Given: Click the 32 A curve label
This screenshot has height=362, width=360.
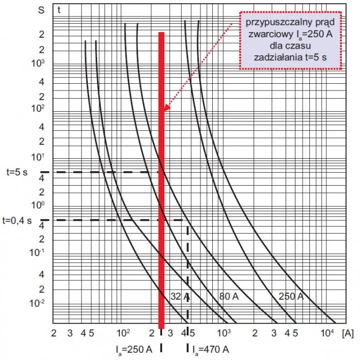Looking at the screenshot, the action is pos(180,296).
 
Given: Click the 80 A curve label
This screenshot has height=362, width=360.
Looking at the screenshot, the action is pos(229,296).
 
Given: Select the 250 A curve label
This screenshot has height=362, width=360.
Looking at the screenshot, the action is pos(291,296).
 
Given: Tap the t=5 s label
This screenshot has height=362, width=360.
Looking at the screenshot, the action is pos(17,172).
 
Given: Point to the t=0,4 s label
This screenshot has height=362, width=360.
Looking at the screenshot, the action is pos(17,220).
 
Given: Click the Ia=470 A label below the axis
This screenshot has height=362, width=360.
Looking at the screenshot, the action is pos(211,350).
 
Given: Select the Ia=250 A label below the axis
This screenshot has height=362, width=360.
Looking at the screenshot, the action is pos(134,350).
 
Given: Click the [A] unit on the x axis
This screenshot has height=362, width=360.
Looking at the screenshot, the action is pos(348,334).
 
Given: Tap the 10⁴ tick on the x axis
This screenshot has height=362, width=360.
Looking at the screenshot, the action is pos(327,333).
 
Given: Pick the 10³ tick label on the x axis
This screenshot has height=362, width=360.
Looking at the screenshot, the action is pos(224,333).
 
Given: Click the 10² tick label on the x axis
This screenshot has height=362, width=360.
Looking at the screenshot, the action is pos(123,333).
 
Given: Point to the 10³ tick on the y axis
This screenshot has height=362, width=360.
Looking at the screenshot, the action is pos(38,63).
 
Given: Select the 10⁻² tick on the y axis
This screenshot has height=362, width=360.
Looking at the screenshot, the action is pos(37,303).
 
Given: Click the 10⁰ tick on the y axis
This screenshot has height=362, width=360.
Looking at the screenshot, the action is pos(38,205).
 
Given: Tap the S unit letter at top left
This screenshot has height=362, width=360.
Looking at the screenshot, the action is pos(41,10).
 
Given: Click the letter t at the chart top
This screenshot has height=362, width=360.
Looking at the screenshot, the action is pos(59,10).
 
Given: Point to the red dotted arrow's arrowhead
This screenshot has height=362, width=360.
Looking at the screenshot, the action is pos(166,108).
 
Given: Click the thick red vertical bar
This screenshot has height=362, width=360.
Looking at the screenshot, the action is pos(162,180).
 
